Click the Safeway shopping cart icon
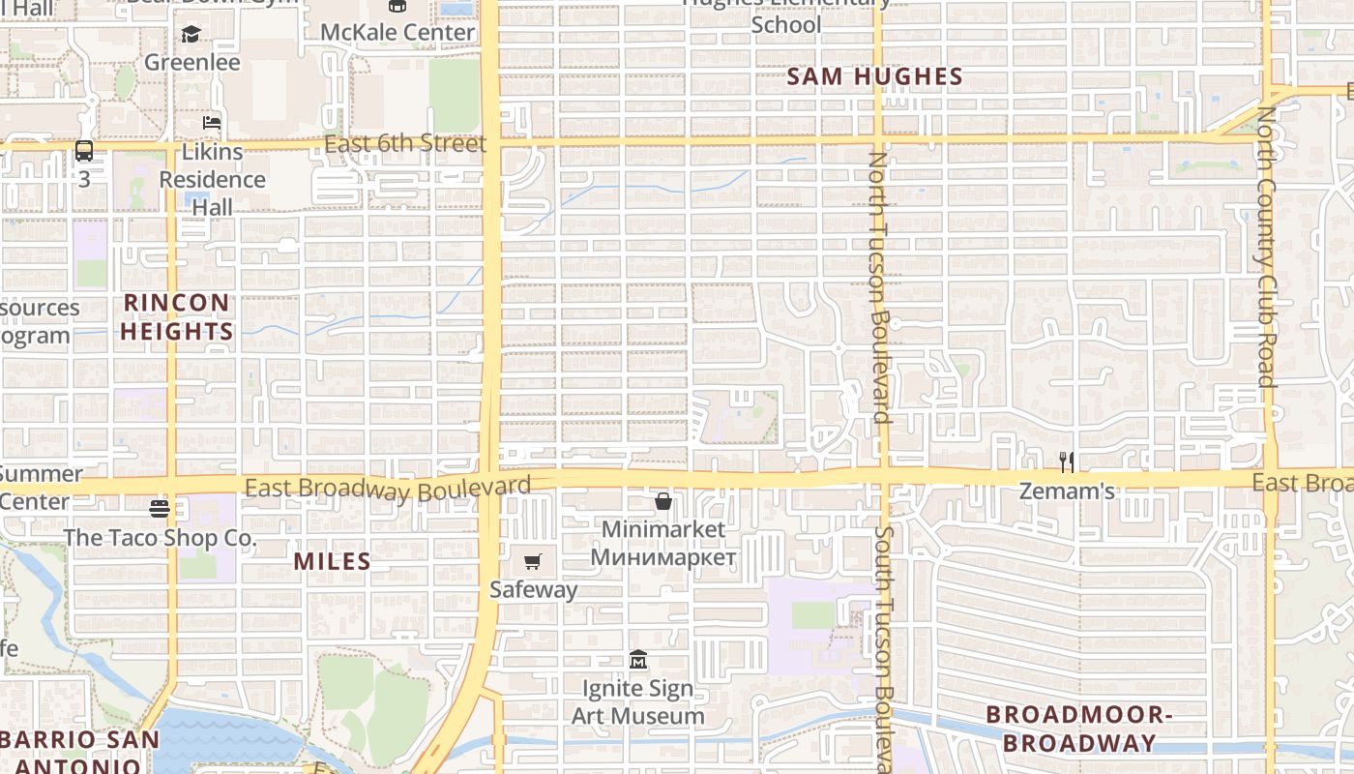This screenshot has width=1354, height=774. [x=532, y=561]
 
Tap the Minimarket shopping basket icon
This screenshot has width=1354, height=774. [x=663, y=501]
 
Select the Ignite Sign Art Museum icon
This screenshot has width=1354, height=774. [x=637, y=660]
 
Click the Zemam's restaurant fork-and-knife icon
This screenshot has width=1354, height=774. [x=1067, y=461]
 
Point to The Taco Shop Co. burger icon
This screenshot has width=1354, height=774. [x=160, y=508]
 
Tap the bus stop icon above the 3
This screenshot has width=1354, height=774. [x=84, y=151]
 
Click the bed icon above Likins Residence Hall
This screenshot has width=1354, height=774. [x=212, y=123]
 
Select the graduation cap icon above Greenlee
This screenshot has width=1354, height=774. [x=191, y=35]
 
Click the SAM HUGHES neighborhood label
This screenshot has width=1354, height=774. [x=874, y=77]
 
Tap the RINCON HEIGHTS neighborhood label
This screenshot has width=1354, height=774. [x=178, y=317]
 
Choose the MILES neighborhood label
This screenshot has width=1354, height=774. [x=332, y=561]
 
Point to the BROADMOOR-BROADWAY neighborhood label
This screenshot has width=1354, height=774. [x=1078, y=729]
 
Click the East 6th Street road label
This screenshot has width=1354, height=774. [x=405, y=144]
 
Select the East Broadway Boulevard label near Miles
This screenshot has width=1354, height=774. [x=388, y=489]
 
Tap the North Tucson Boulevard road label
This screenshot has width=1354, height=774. [x=878, y=286]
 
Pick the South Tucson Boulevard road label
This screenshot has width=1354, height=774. [x=882, y=648]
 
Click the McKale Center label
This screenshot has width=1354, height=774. [x=397, y=32]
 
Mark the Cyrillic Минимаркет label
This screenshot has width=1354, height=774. [x=663, y=557]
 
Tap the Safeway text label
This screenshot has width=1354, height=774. [x=533, y=589]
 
